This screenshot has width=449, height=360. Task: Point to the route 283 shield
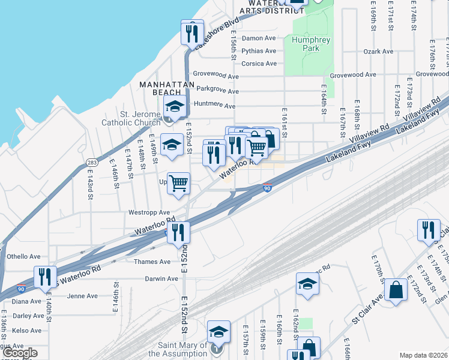point(92,162)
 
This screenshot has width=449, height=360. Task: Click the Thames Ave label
point(152,262)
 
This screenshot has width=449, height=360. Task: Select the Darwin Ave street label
point(161,278)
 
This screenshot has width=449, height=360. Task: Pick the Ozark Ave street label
point(378,52)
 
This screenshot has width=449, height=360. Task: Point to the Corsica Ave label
point(259,64)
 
